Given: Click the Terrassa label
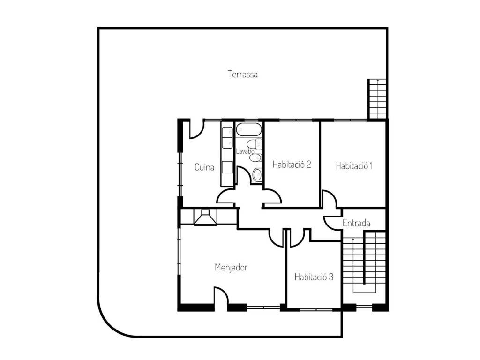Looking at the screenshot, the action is [x=242, y=75].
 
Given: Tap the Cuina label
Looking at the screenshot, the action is [x=204, y=167].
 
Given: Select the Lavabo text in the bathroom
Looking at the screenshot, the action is [x=245, y=151].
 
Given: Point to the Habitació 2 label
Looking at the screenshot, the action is [x=292, y=165].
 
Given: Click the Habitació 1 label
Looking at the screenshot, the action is [x=354, y=166].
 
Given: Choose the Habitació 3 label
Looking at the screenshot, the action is [x=314, y=277].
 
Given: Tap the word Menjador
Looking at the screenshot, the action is [x=231, y=267].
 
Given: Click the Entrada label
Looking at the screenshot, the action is [x=356, y=223].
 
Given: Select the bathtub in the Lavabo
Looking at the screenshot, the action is [x=249, y=130].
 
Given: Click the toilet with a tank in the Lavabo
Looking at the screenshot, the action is [x=255, y=144].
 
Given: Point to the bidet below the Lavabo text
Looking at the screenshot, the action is [x=255, y=157].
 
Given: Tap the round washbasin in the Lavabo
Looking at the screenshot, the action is [x=257, y=175].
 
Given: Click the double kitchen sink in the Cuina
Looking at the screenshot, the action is [x=227, y=138].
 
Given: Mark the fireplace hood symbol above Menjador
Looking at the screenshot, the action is [x=205, y=217].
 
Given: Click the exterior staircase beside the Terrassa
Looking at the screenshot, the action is [x=378, y=99].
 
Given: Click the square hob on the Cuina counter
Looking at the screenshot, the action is [x=227, y=167].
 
